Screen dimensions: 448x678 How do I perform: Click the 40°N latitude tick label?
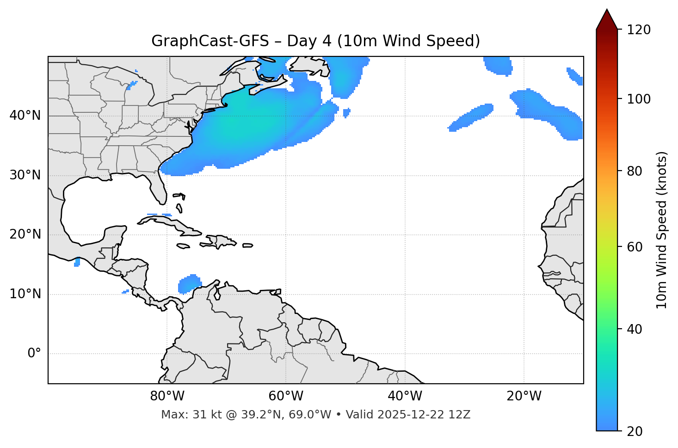pyautogui.click(x=25, y=116)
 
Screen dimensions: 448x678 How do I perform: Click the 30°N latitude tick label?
pyautogui.click(x=25, y=175)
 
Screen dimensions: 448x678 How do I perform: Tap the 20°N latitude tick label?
pyautogui.click(x=25, y=234)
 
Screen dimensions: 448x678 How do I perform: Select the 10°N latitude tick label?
pyautogui.click(x=25, y=294)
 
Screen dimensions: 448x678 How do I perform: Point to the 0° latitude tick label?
pyautogui.click(x=34, y=354)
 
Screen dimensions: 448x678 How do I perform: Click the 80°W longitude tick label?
pyautogui.click(x=167, y=396)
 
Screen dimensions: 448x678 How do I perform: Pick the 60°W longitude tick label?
pyautogui.click(x=286, y=396)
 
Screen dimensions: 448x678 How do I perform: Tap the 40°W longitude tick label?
pyautogui.click(x=405, y=396)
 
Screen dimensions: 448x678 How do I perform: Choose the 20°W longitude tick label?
pyautogui.click(x=524, y=396)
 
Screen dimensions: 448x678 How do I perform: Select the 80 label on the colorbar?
pyautogui.click(x=635, y=171)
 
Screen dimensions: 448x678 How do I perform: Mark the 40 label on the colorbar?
pyautogui.click(x=635, y=329)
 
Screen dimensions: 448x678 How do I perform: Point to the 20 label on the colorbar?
pyautogui.click(x=635, y=431)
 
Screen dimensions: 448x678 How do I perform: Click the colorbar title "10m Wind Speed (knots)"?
pyautogui.click(x=662, y=230)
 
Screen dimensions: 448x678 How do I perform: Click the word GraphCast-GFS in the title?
pyautogui.click(x=210, y=41)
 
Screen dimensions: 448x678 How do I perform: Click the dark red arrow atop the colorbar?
pyautogui.click(x=607, y=20)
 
